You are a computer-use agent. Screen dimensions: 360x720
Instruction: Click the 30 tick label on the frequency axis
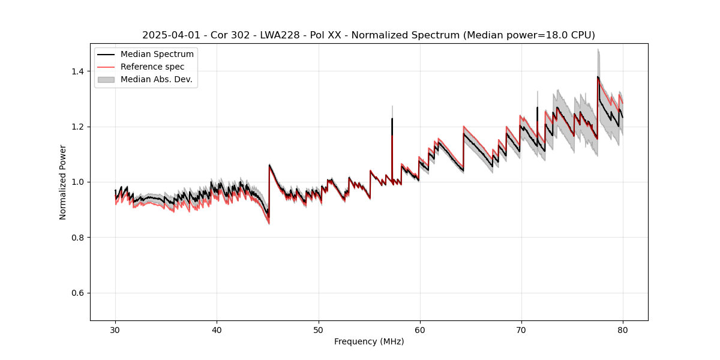(115, 329)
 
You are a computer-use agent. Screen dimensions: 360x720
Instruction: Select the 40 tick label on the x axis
(217, 329)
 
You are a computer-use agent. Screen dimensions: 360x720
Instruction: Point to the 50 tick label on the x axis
(318, 329)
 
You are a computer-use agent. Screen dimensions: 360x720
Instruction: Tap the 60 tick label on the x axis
(420, 329)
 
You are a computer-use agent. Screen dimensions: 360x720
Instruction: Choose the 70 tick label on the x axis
(521, 329)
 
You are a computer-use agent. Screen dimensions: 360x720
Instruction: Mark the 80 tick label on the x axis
(623, 329)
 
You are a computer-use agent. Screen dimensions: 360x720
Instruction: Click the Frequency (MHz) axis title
(369, 341)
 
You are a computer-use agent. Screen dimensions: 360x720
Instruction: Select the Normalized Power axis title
(62, 182)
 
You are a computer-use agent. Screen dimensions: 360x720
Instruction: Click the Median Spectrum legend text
(157, 55)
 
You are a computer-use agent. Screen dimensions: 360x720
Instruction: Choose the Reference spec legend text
(152, 67)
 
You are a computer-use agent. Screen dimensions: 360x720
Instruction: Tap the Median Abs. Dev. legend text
(157, 79)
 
